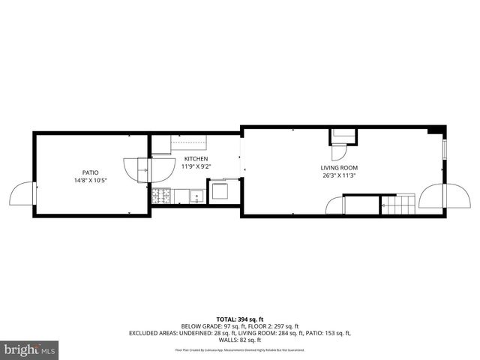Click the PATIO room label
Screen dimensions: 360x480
coord(90,172)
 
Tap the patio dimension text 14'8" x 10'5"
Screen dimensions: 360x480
coord(90,181)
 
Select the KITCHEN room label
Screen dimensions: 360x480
coord(196,159)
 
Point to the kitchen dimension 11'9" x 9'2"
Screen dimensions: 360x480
coord(197,166)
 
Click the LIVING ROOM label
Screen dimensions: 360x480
coord(339,168)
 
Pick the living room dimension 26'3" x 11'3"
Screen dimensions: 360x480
coord(339,176)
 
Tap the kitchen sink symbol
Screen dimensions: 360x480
coord(196,198)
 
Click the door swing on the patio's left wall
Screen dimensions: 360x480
coord(21,195)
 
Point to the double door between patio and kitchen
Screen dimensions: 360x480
coord(138,169)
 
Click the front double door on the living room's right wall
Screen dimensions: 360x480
coord(439,196)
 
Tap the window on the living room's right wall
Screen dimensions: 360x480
coord(445,149)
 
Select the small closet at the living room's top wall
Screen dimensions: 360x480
coord(343,136)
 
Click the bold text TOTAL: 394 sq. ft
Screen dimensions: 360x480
coord(240,319)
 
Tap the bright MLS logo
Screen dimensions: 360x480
coord(30,350)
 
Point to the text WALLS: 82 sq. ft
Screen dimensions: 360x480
coord(240,340)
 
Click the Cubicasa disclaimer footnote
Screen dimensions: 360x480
coord(240,349)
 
